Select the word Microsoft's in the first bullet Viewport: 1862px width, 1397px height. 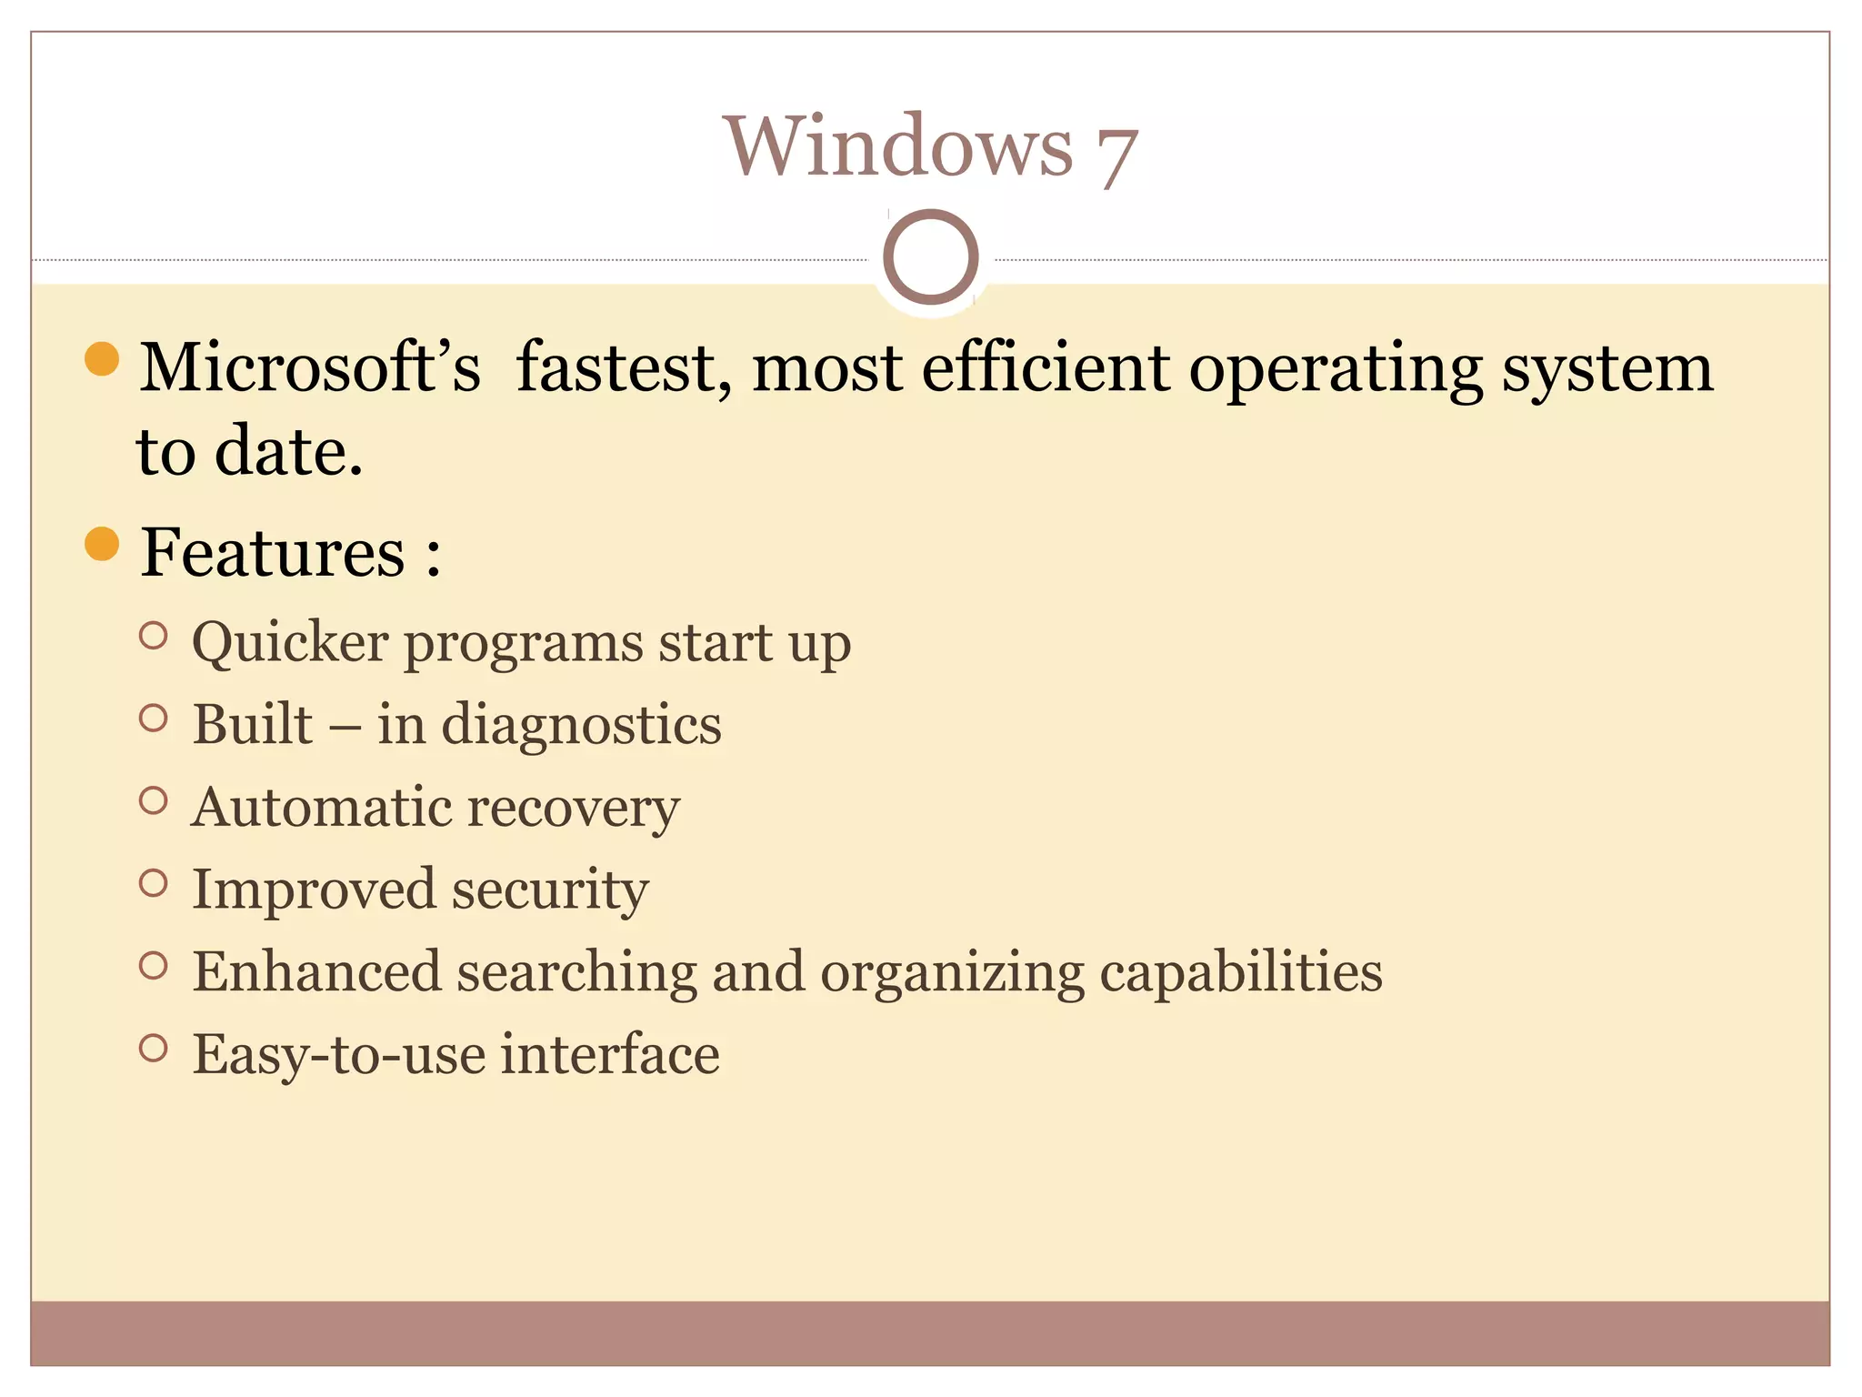pyautogui.click(x=309, y=367)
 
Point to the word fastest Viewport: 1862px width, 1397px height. pyautogui.click(x=624, y=367)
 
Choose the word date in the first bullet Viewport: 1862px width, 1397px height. pyautogui.click(x=288, y=451)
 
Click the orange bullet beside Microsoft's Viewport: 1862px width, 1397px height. pyautogui.click(x=102, y=358)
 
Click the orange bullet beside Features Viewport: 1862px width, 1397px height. pyautogui.click(x=102, y=544)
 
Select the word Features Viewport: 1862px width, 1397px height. pyautogui.click(x=273, y=552)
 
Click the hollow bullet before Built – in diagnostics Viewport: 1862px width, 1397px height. pyautogui.click(x=154, y=719)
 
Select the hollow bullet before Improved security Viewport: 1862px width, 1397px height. pyautogui.click(x=154, y=883)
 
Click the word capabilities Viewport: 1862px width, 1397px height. pyautogui.click(x=1241, y=972)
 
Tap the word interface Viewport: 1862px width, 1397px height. pyautogui.click(x=610, y=1054)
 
